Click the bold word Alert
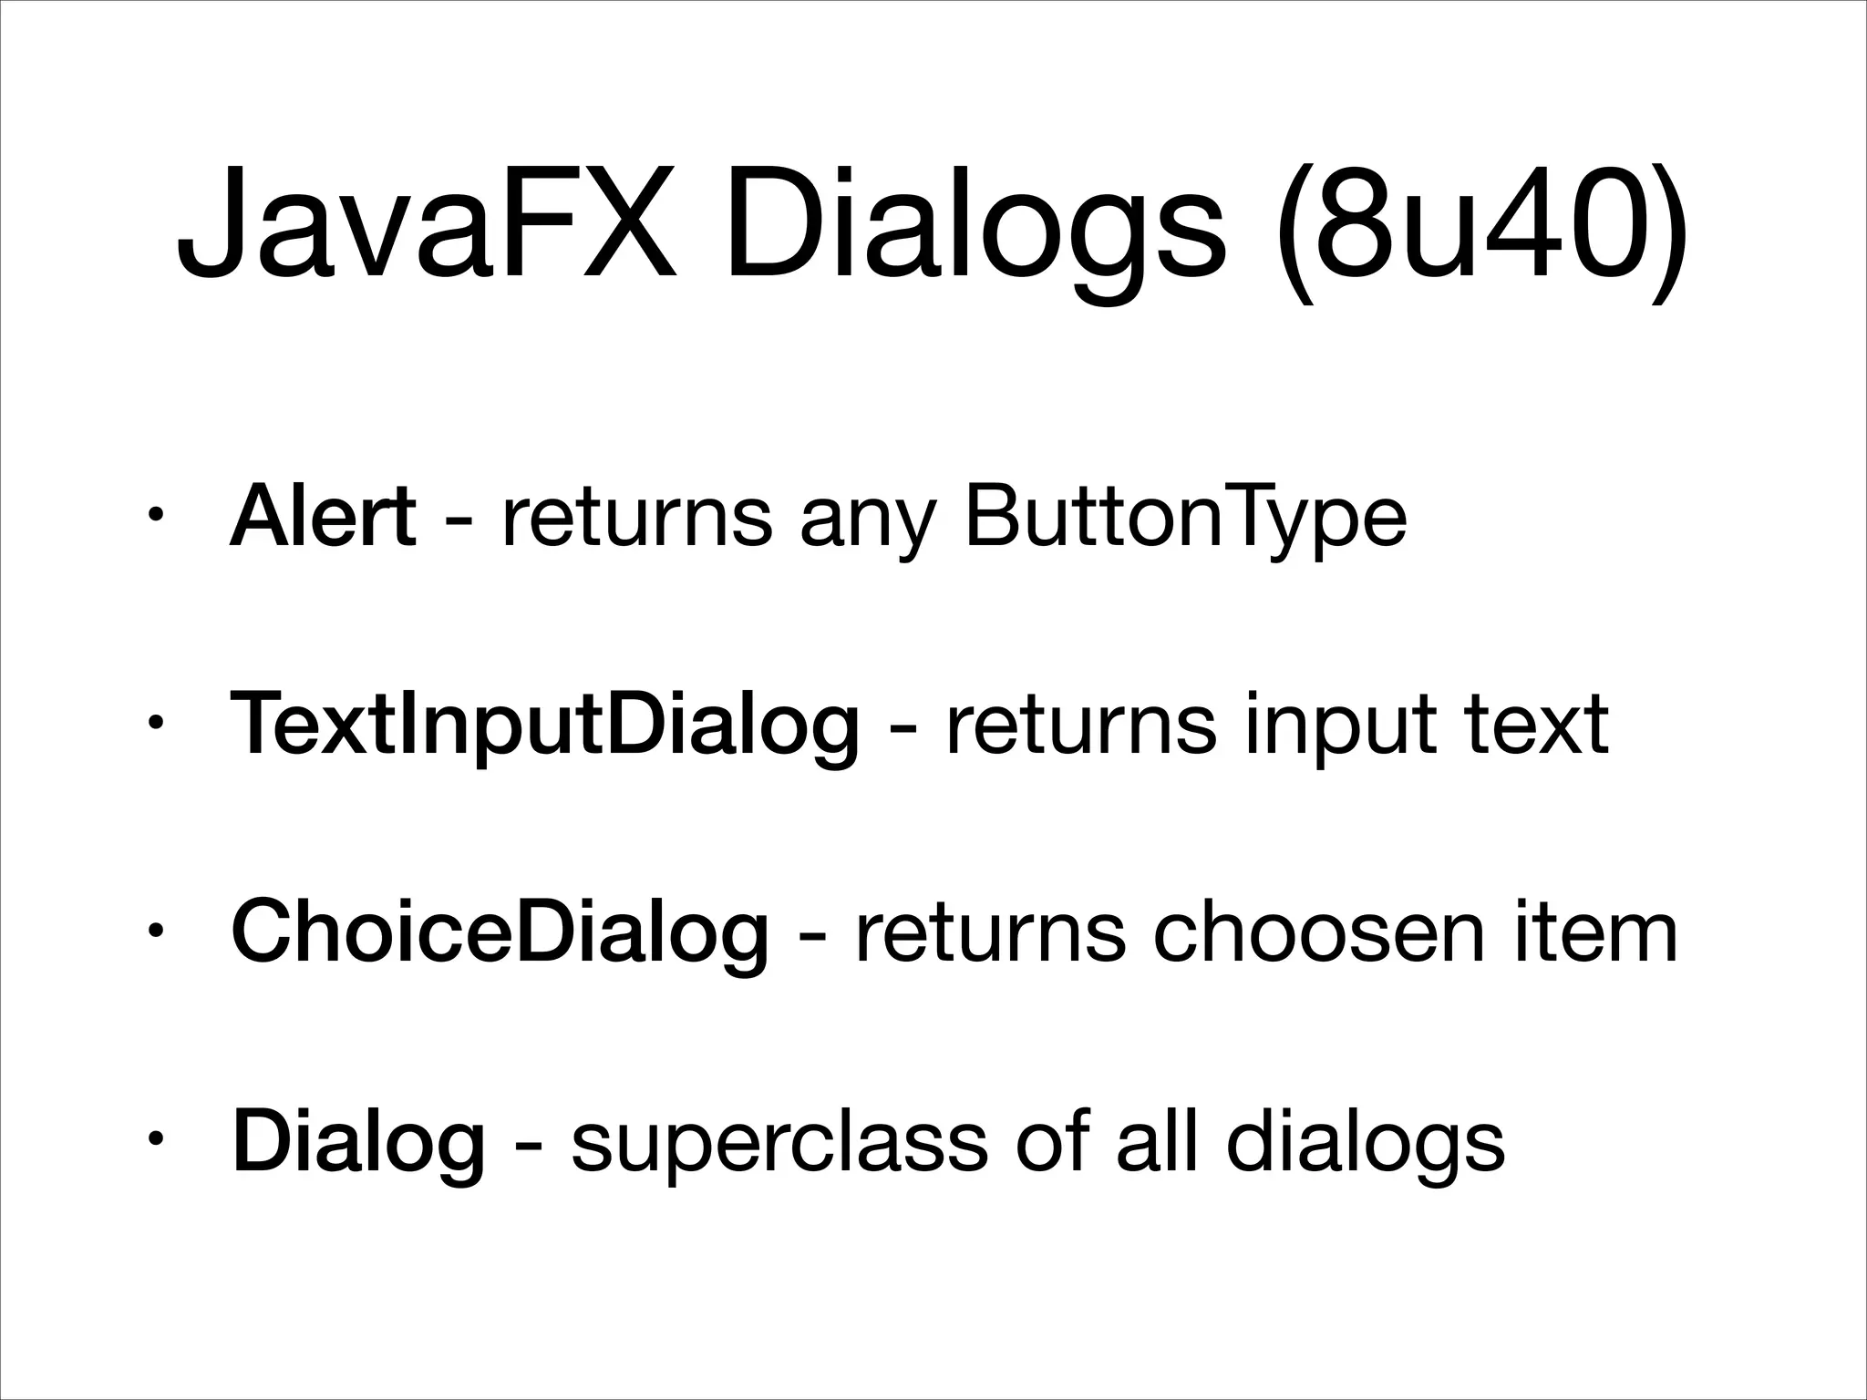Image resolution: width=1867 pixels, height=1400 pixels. pos(323,518)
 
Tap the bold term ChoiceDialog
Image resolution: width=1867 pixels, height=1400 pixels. pos(500,934)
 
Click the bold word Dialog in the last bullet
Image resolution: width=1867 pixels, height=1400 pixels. pos(358,1144)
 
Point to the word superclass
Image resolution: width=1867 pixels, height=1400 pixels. pos(779,1144)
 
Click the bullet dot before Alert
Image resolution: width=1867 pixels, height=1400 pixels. pos(156,520)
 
